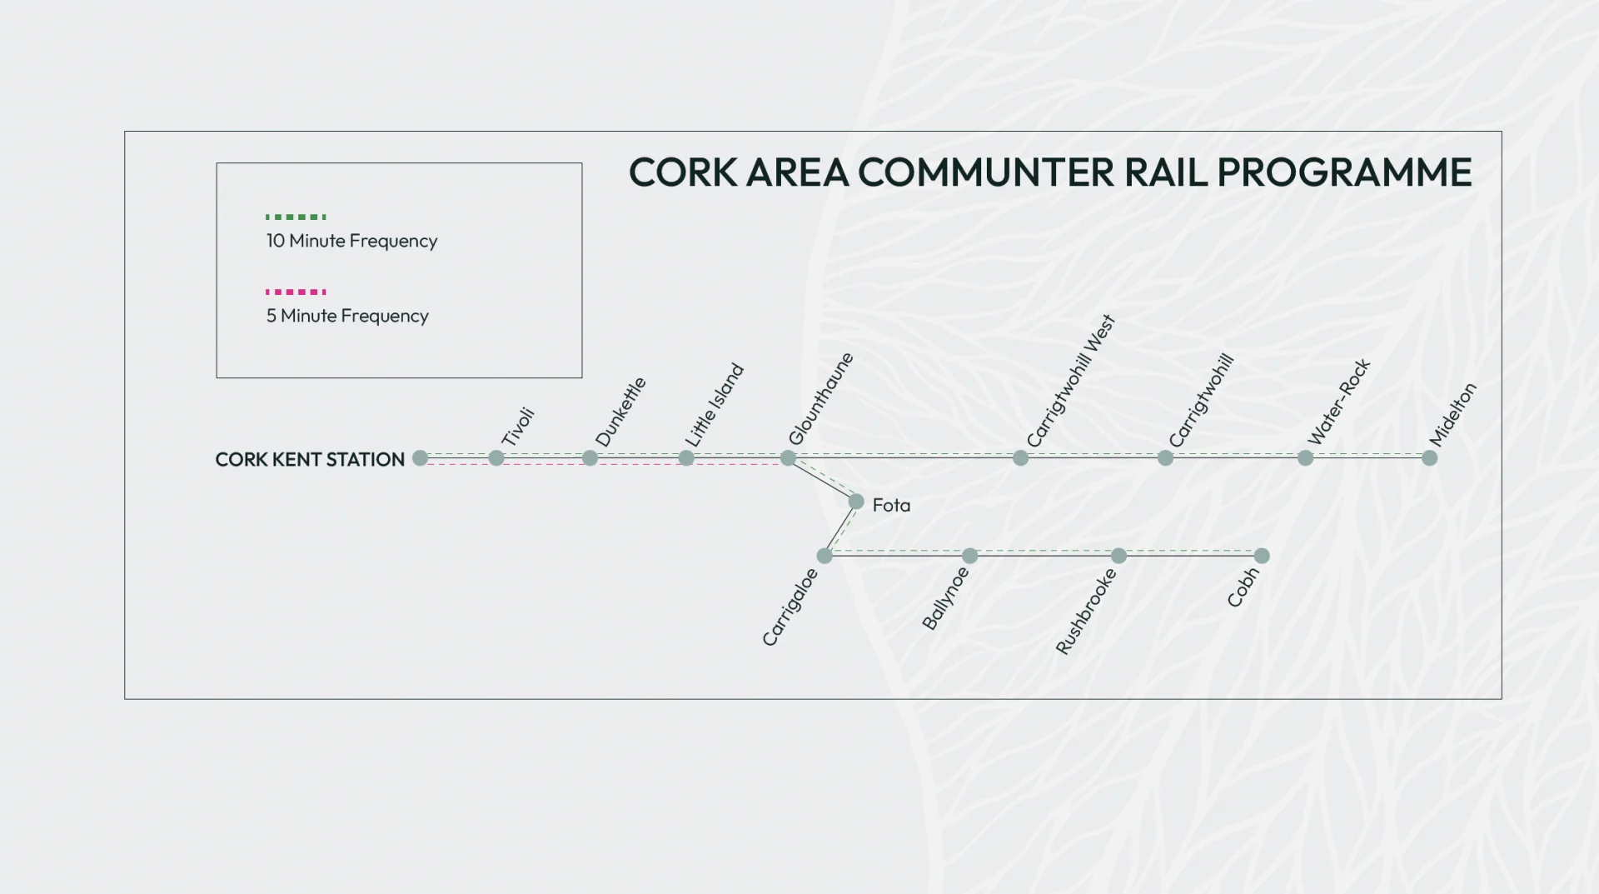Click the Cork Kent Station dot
421,457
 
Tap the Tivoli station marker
496,457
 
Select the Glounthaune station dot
788,457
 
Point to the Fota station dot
856,502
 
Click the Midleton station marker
1430,457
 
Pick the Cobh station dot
1262,556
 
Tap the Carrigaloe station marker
824,556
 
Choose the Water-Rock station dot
1305,457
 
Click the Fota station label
891,505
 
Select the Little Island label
714,404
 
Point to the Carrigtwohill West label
1070,381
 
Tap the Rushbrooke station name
1086,611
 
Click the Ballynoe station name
946,597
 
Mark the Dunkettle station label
620,412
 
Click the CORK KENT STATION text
310,459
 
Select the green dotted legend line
296,217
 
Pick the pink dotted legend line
296,292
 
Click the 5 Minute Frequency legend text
347,316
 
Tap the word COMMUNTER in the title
986,172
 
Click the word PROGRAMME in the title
1344,172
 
